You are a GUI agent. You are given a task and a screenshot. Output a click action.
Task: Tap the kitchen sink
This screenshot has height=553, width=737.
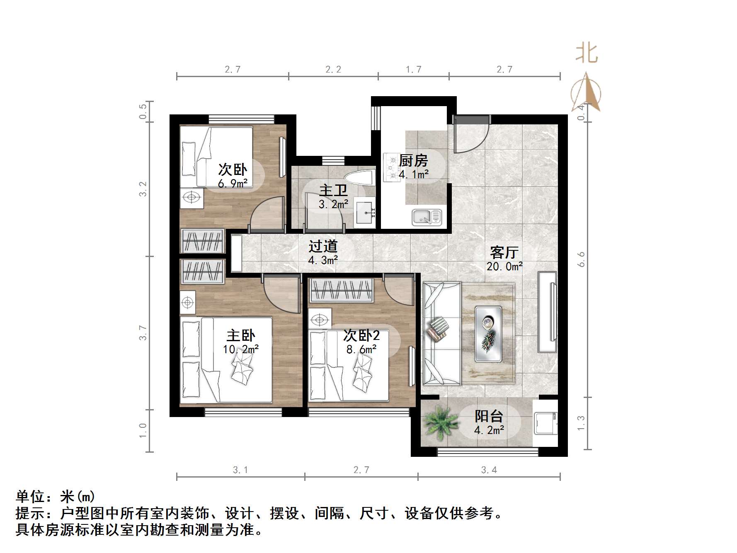click(427, 217)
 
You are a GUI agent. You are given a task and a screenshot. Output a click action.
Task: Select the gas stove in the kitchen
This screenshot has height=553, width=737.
click(390, 167)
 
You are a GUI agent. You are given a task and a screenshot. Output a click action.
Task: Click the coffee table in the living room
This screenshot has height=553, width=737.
click(488, 333)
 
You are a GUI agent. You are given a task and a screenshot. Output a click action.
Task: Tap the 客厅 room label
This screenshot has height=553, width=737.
click(504, 252)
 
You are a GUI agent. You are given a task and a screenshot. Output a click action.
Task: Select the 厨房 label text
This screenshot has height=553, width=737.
click(413, 161)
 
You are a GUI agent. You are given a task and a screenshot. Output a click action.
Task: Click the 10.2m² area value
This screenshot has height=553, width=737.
click(241, 349)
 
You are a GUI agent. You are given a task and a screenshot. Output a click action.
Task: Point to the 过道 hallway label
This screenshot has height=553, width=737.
click(323, 246)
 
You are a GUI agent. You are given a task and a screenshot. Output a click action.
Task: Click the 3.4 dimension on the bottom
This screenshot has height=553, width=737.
click(489, 470)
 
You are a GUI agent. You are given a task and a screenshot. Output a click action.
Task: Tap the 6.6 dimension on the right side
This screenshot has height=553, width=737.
click(581, 259)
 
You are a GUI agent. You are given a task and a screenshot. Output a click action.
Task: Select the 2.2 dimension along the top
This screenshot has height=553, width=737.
click(333, 70)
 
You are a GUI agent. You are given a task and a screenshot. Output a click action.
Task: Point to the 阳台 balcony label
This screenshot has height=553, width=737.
click(489, 416)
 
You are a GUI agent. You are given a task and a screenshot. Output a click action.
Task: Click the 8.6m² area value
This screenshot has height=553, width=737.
click(361, 349)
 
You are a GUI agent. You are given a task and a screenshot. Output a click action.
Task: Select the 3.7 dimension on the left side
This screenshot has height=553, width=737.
click(143, 333)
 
